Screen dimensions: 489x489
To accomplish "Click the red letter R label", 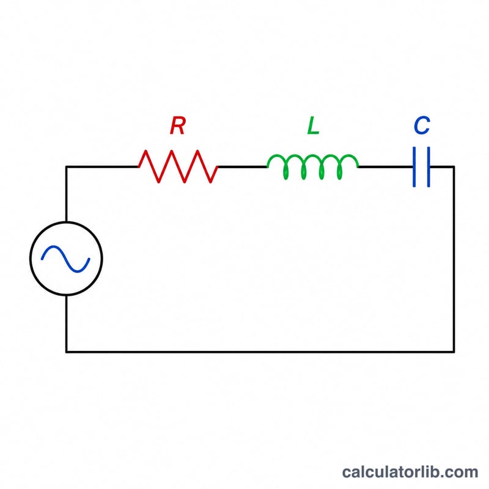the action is click(x=178, y=126).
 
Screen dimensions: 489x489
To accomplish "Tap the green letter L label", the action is click(x=313, y=126).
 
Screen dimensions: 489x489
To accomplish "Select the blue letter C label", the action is click(x=422, y=126).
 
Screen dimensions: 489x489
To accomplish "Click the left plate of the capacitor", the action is click(x=414, y=167).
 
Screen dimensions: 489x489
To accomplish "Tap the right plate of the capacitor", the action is click(x=429, y=167).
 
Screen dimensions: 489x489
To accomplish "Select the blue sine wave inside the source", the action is click(x=65, y=259).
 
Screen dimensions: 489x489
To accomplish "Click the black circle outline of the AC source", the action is click(x=30, y=258).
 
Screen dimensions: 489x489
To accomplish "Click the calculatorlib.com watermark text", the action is click(x=410, y=472).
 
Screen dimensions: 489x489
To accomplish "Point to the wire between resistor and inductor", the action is click(x=242, y=167).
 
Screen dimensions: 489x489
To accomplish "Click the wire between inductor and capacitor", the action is click(x=386, y=167).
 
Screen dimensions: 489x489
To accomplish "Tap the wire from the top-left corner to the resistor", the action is click(x=102, y=167).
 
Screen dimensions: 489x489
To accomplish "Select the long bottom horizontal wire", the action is click(x=260, y=352).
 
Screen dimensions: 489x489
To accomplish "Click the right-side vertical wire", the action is click(x=454, y=259).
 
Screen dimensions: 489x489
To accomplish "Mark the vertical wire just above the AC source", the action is click(x=66, y=194).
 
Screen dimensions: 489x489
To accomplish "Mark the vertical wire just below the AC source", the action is click(x=66, y=324).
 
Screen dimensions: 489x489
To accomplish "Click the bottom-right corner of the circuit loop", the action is click(x=454, y=352).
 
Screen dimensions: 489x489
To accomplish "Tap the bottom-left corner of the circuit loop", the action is click(x=66, y=352).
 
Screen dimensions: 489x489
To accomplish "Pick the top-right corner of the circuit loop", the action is click(x=454, y=167).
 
